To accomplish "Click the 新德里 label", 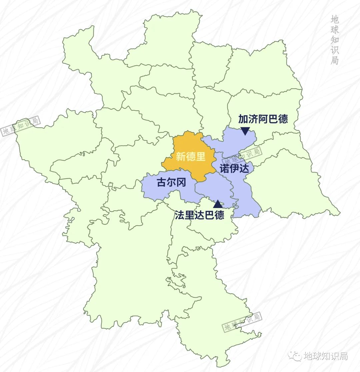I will coord(191,156).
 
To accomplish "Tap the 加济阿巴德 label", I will coord(263,119).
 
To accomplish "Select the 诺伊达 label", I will coord(234,169).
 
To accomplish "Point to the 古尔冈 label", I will coord(171,183).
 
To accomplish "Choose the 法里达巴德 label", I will coord(200,215).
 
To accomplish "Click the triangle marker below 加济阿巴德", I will coord(245,131).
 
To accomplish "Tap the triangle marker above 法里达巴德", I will coord(218,204).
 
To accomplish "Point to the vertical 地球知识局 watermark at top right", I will coord(335,40).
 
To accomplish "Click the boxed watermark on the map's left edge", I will coord(21,126).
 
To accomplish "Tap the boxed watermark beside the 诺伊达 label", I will coord(242,154).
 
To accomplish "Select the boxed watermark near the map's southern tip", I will coord(242,322).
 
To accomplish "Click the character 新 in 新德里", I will coord(181,156).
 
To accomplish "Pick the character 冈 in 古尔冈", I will coord(181,183).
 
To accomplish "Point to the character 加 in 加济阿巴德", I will coord(243,119).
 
